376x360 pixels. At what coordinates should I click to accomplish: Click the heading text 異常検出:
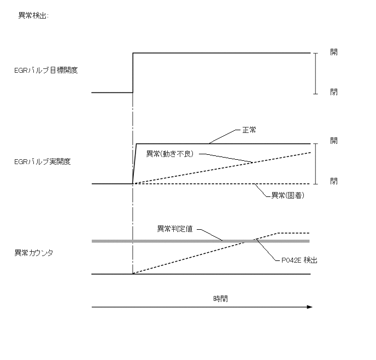point(33,16)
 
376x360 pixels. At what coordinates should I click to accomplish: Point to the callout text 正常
point(249,131)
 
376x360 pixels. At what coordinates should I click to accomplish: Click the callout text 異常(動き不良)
point(170,153)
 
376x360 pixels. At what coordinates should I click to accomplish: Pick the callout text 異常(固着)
point(287,195)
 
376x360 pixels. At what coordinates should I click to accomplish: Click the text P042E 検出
point(296,260)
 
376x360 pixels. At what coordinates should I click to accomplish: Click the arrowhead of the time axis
point(309,307)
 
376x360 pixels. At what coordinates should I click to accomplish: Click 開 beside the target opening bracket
point(333,52)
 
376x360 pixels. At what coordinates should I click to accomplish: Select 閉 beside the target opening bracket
point(333,92)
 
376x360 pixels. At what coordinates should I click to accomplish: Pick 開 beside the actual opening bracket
point(333,141)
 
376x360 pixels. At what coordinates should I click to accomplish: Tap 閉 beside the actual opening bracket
point(333,181)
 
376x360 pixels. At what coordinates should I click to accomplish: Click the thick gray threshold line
point(164,241)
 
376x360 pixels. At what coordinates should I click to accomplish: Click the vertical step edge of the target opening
point(133,73)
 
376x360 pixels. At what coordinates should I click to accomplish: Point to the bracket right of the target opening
point(315,73)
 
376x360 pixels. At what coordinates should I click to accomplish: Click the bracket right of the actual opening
point(315,164)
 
